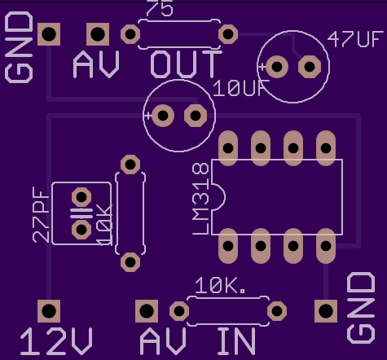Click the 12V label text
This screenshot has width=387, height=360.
pos(56,341)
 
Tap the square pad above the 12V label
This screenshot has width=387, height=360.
pos(49,311)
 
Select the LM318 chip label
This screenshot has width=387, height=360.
pos(200,199)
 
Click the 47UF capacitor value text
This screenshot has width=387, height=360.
pos(355,39)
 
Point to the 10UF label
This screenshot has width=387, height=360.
pos(241,88)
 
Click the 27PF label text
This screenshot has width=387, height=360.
pos(41,215)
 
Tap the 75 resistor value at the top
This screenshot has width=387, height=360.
pos(160,9)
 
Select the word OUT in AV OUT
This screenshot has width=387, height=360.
pos(186,64)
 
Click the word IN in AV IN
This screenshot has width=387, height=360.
pos(236,341)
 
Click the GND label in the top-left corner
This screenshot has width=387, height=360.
pos(19,47)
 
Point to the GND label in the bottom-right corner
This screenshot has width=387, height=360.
pos(361,308)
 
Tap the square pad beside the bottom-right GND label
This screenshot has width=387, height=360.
pos(326,311)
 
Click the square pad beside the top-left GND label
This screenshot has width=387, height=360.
pos(49,34)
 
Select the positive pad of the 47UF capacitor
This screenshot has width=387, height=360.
pos(277,67)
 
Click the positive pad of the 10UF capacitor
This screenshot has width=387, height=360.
pos(163,116)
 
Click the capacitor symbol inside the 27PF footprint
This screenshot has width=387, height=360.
pos(81,213)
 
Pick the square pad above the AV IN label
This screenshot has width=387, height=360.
pos(147,311)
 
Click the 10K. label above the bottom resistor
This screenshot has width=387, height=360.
pos(220,286)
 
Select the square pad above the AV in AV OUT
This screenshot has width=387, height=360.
pos(98,34)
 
